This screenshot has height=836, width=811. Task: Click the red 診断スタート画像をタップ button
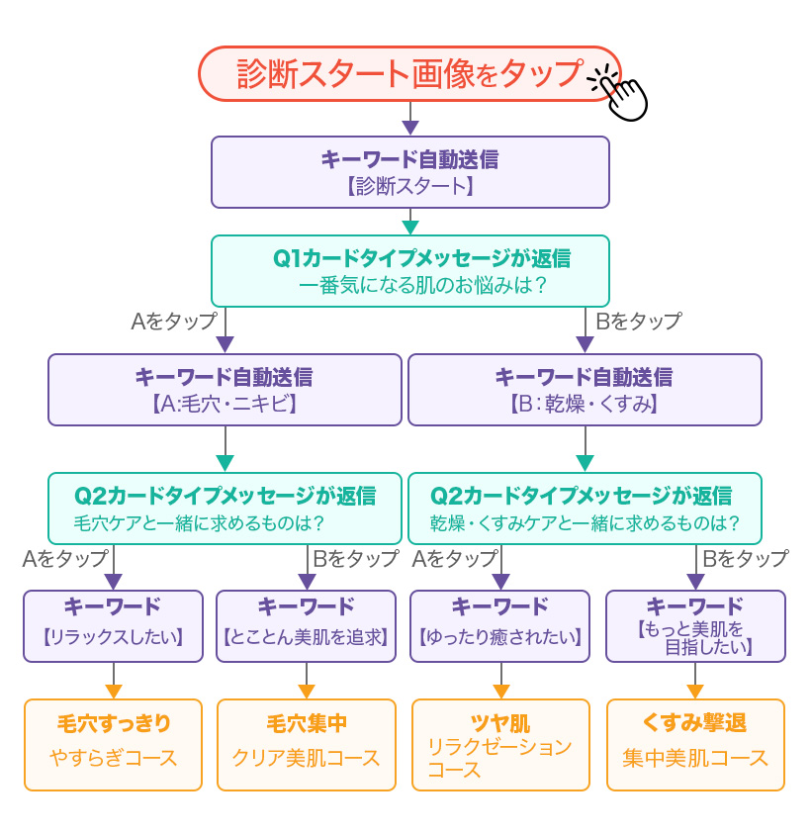click(409, 73)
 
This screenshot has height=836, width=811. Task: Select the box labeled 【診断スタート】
click(409, 172)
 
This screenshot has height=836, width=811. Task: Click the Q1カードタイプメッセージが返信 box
click(409, 270)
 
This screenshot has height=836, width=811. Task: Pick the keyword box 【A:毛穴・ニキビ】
click(225, 390)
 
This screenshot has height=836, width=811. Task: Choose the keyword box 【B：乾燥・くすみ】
click(585, 390)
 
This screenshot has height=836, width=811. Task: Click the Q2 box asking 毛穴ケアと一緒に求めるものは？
click(225, 508)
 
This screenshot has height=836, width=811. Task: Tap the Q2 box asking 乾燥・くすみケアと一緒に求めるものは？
click(585, 508)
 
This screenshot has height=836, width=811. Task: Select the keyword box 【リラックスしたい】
click(113, 625)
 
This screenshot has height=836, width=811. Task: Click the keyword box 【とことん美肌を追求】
click(306, 625)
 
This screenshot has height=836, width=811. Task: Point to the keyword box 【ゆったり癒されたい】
click(499, 625)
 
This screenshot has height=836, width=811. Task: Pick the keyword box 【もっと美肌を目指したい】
click(694, 625)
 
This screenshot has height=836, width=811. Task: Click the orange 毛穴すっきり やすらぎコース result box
click(113, 744)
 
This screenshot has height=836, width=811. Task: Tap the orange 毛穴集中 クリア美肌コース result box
click(306, 744)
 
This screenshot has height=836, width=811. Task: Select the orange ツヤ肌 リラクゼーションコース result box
click(499, 744)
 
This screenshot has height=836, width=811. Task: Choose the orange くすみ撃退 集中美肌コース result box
click(694, 744)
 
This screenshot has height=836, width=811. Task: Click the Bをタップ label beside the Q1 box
click(638, 322)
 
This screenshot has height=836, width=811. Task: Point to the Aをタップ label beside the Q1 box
click(173, 322)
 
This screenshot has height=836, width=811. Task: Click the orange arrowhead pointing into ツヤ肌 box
click(500, 692)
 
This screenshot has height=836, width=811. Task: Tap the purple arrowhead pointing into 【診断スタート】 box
click(410, 128)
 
